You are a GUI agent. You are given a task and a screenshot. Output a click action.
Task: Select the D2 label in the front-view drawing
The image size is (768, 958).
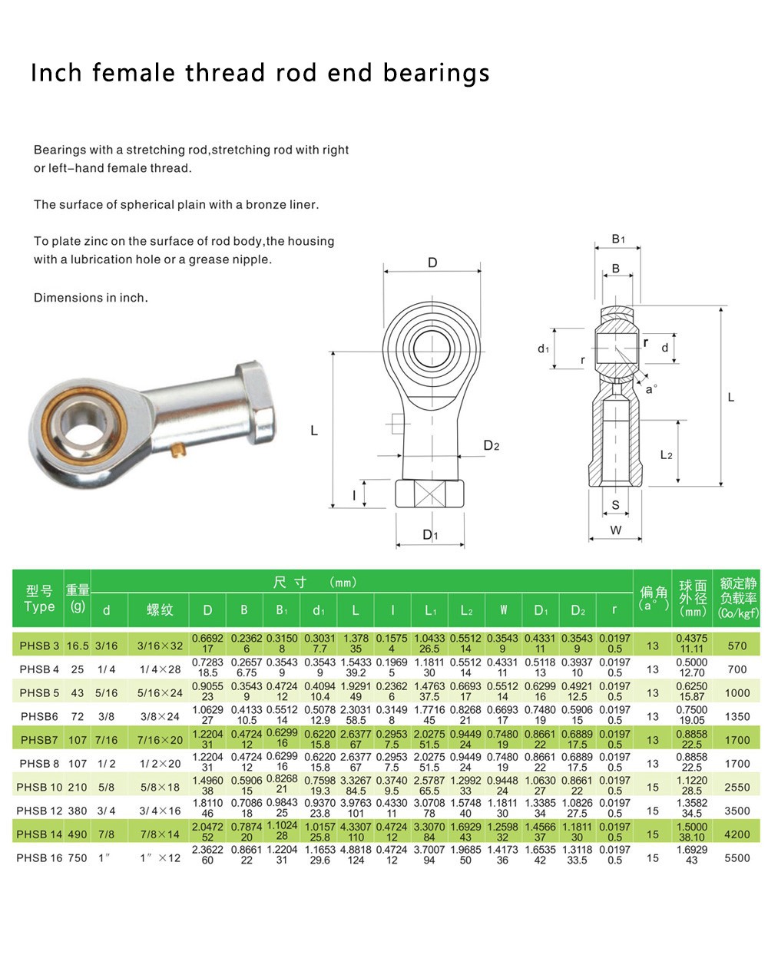(492, 446)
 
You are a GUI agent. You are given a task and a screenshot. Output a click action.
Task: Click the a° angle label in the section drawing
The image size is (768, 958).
(651, 389)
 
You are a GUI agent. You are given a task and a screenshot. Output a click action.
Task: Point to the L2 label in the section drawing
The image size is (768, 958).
(666, 455)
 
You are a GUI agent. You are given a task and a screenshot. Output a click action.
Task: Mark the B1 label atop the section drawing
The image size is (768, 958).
(618, 240)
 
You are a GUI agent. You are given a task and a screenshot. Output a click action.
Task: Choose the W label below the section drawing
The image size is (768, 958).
(616, 530)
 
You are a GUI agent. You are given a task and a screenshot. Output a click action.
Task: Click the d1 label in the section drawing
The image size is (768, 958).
(544, 349)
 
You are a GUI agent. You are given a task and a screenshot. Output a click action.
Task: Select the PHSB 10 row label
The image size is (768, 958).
(39, 787)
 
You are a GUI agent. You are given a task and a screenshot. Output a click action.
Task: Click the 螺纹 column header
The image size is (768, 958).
(160, 609)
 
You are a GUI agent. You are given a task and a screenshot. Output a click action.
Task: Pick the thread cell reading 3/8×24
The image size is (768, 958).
(160, 716)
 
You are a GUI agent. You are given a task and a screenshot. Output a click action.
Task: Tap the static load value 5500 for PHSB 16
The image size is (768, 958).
(737, 857)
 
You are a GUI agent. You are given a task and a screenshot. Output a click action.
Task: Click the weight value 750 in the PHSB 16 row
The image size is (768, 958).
(78, 857)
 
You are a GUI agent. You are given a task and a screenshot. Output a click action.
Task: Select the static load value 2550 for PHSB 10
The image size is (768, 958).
(737, 787)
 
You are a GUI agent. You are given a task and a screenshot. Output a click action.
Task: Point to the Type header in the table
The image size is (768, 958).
(39, 606)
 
